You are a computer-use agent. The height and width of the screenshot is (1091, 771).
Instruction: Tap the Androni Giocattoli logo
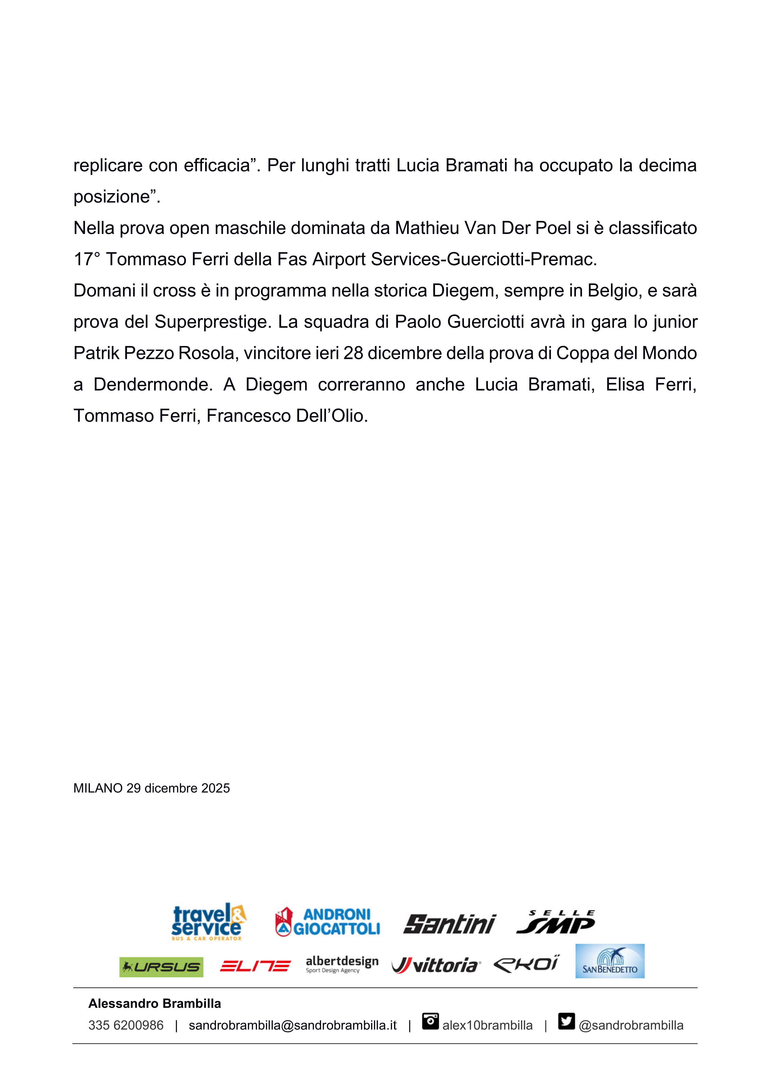pos(328,922)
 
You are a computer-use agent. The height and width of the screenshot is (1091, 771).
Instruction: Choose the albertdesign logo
pos(342,965)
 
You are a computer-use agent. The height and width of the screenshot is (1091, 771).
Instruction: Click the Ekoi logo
pos(526,964)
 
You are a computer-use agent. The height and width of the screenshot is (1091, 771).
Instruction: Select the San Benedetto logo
pos(610,961)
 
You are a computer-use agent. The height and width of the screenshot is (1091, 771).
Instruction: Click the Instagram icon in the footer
pos(430,1022)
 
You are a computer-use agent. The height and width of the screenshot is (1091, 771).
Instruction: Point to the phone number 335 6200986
pos(126,1025)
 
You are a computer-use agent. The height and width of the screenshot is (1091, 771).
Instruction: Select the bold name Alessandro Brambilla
pos(154,1004)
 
